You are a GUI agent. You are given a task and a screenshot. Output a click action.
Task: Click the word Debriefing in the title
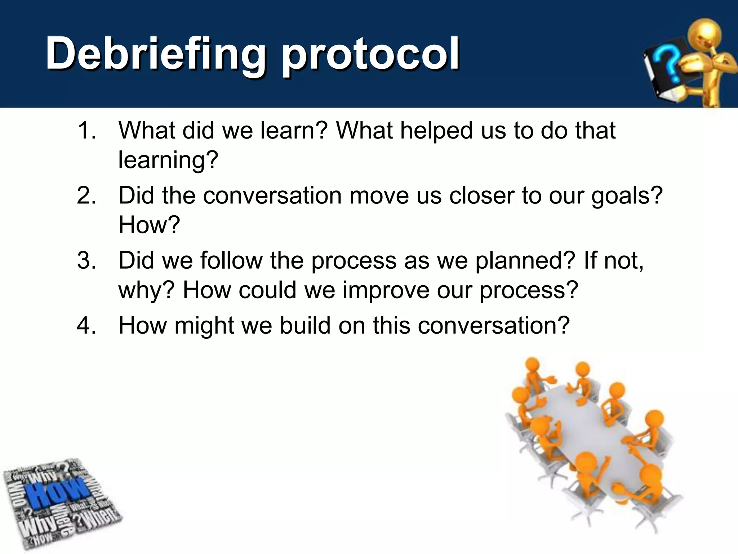[156, 54]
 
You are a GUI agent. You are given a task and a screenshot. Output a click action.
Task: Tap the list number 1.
[86, 131]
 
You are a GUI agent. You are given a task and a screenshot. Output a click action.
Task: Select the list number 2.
[86, 196]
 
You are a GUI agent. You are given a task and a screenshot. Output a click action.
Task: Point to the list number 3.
[86, 260]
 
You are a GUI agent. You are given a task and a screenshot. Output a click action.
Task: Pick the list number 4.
[86, 326]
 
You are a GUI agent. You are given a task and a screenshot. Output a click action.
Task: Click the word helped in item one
[436, 131]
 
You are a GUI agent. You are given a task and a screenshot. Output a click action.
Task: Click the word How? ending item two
[149, 225]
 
